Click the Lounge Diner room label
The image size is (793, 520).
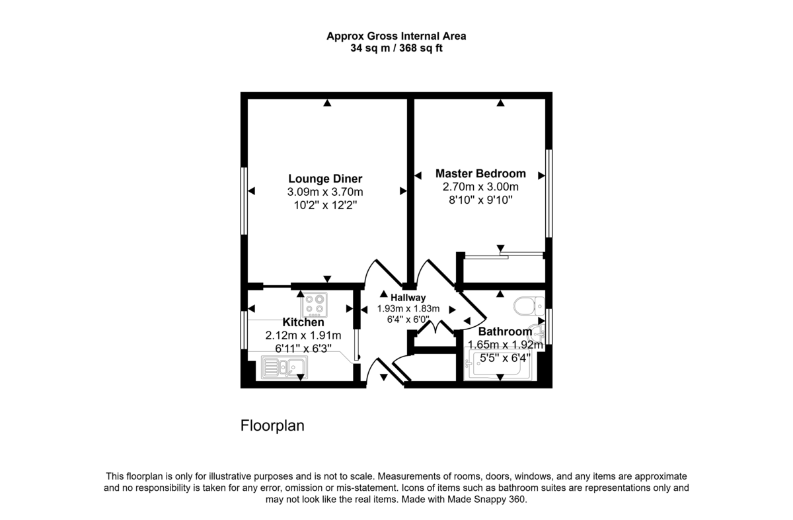click(325, 179)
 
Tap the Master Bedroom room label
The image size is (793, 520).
click(480, 173)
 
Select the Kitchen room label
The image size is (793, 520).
click(303, 322)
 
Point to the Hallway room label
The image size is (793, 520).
click(408, 298)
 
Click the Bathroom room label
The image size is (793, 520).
click(505, 331)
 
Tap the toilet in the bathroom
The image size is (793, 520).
click(527, 306)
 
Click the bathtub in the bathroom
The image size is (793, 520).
click(500, 366)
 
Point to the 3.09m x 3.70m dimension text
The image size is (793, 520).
click(325, 192)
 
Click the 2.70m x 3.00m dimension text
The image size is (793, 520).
click(480, 187)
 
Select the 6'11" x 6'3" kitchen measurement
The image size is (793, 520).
click(303, 347)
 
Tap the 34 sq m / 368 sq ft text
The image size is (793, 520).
click(397, 48)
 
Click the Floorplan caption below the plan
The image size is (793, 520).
click(272, 425)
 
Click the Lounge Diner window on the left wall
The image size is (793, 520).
click(244, 200)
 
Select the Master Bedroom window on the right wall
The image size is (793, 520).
click(548, 193)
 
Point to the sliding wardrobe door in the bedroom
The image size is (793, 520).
click(504, 254)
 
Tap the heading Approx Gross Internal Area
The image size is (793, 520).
click(397, 36)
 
